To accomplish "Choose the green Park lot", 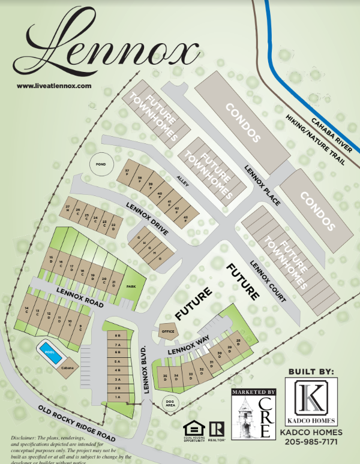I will pos(131,286).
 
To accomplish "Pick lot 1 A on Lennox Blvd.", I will pos(118,397).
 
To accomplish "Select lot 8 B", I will pos(118,336).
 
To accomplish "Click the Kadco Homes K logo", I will pos(311,402).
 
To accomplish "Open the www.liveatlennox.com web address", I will pos(54,86).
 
